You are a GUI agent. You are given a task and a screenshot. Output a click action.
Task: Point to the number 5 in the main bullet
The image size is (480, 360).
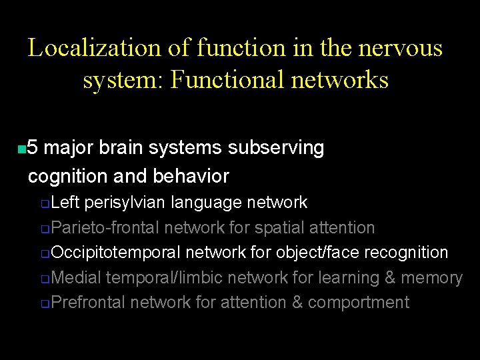[34, 147]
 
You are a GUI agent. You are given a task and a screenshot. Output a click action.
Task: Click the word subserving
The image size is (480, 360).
[276, 147]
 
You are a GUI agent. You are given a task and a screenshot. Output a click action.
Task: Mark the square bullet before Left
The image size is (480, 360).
[45, 203]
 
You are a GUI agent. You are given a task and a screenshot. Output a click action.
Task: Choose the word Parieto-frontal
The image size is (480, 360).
[105, 227]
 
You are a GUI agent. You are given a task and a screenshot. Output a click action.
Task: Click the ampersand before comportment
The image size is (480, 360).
[297, 302]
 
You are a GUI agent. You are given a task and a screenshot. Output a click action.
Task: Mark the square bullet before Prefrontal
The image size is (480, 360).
[45, 304]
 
